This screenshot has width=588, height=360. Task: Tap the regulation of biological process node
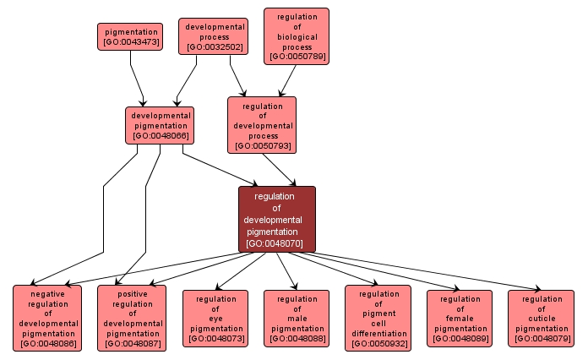[x=296, y=36]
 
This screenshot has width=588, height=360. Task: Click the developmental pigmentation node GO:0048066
[x=160, y=124]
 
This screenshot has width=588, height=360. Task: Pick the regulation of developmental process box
[x=262, y=124]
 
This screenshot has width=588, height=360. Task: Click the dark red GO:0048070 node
[x=276, y=219]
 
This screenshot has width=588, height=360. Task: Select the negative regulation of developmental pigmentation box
[x=47, y=317]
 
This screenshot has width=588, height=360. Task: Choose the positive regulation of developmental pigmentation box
[x=131, y=317]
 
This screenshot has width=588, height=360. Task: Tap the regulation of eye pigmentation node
[x=215, y=318]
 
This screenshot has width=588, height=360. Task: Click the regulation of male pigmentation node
[x=297, y=318]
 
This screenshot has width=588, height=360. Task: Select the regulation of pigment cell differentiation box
[x=378, y=318]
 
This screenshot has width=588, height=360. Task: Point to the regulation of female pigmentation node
[x=460, y=318]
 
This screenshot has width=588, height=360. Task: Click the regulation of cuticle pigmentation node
[x=541, y=318]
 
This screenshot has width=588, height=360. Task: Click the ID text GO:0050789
[x=297, y=57]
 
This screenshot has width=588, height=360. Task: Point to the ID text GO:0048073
[x=215, y=339]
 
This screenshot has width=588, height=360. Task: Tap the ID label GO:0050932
[x=378, y=344]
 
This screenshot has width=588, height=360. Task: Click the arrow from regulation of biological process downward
[x=287, y=80]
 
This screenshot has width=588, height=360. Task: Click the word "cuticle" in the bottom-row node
[x=541, y=319]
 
